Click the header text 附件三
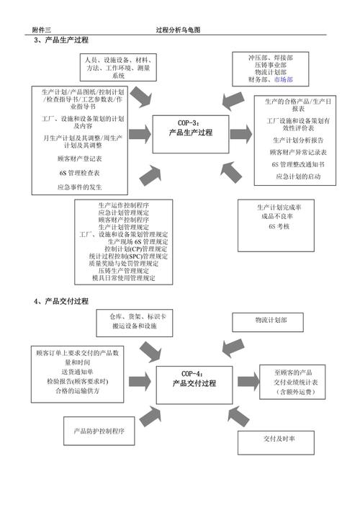(42, 30)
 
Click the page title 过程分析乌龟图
(178, 30)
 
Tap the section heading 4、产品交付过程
(61, 301)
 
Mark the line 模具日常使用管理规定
(133, 279)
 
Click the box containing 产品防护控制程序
(99, 431)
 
